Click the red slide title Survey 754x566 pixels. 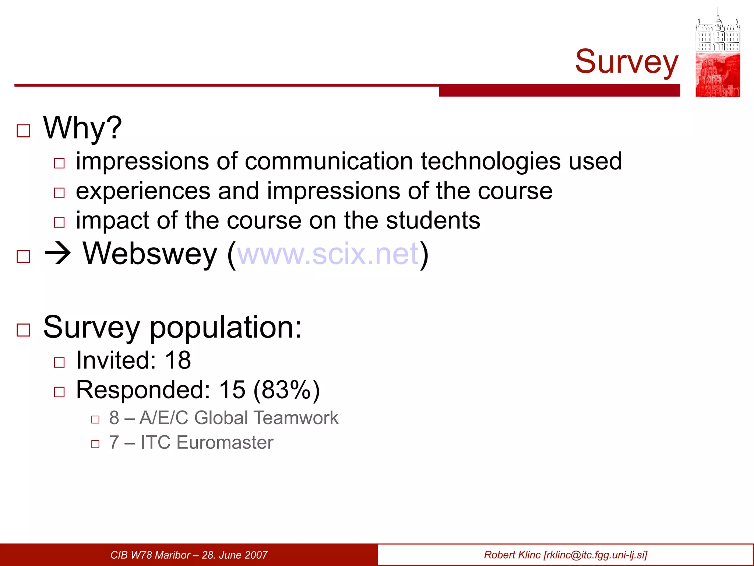coord(626,62)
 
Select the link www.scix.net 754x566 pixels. coord(328,254)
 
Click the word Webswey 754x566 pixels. coord(150,254)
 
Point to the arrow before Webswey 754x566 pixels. coord(57,254)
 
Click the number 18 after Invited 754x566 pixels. coord(178,360)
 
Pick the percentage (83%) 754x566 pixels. coord(286,389)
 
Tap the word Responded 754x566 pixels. coord(143,389)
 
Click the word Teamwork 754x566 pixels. coord(296,418)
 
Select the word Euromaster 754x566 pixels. coord(225,442)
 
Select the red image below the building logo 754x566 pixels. coord(718,75)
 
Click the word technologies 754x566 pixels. coord(491,161)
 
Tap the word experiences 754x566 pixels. coord(143,191)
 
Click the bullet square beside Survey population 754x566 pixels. coord(24,330)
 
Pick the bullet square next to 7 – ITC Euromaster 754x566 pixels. coord(95,444)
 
